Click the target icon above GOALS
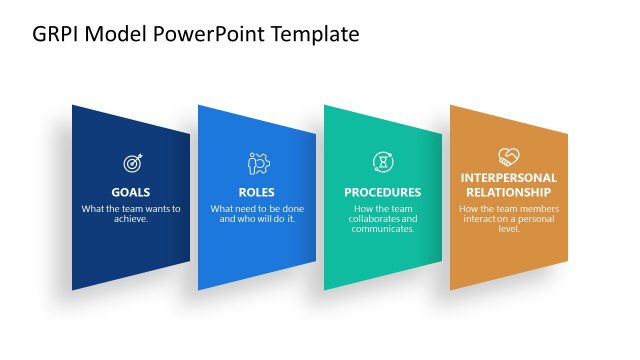[x=131, y=162]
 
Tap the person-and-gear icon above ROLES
[x=257, y=162]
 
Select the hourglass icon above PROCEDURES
[x=382, y=162]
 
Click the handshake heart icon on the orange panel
[x=508, y=156]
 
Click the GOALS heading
[x=131, y=192]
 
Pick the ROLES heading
[x=257, y=192]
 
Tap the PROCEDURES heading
[x=382, y=192]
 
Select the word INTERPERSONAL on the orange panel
[x=508, y=178]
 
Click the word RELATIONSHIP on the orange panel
[x=508, y=192]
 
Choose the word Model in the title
[x=118, y=34]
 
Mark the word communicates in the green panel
[x=382, y=229]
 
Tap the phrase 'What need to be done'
[x=257, y=209]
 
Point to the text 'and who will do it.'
[x=257, y=219]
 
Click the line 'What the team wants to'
[x=131, y=209]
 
